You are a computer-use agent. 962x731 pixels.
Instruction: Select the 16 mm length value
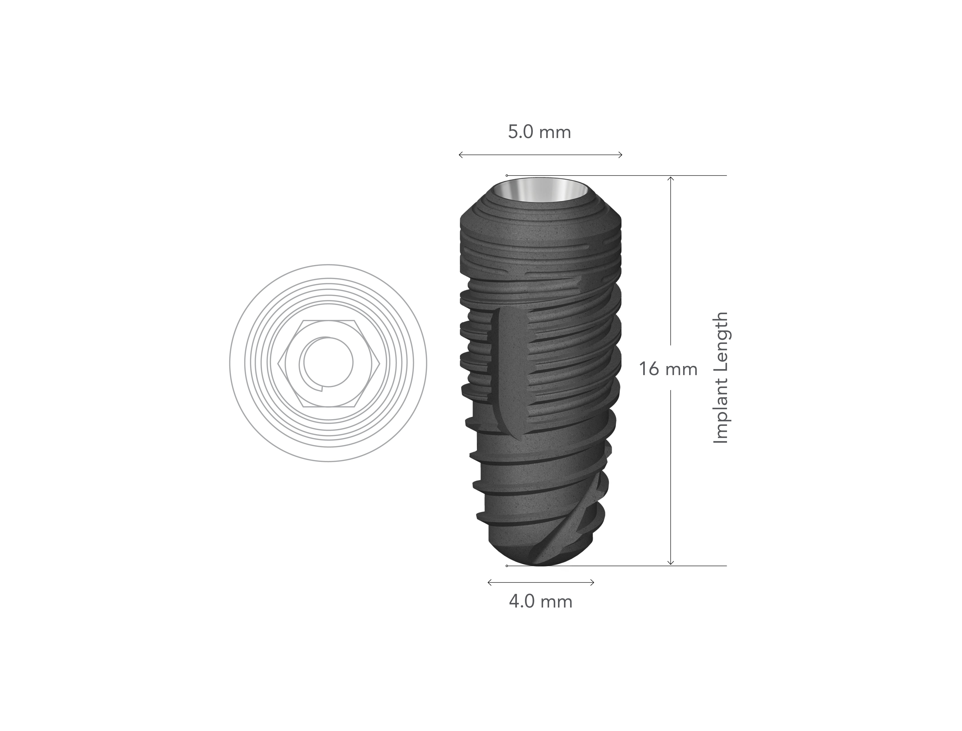668,369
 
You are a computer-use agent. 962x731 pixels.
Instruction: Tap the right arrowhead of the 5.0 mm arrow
621,154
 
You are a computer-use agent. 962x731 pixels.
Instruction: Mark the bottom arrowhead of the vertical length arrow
671,564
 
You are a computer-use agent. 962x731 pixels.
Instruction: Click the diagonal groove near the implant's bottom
566,526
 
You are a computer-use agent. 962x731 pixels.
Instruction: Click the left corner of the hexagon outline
277,362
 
